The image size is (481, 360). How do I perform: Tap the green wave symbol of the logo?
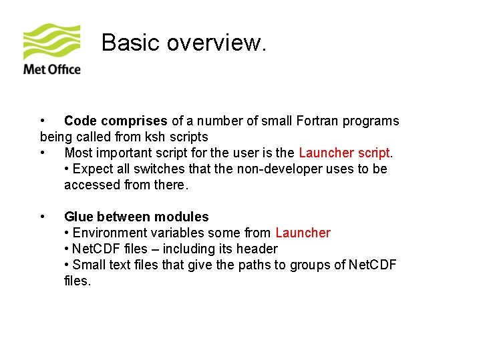(52, 42)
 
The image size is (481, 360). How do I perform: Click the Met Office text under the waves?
(52, 69)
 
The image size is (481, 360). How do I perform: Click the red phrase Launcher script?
(345, 153)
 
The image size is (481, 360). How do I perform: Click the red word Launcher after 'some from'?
(303, 233)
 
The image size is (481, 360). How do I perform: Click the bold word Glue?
(79, 217)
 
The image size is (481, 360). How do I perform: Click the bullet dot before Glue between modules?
(43, 217)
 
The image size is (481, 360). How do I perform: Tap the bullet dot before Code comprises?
(43, 121)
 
